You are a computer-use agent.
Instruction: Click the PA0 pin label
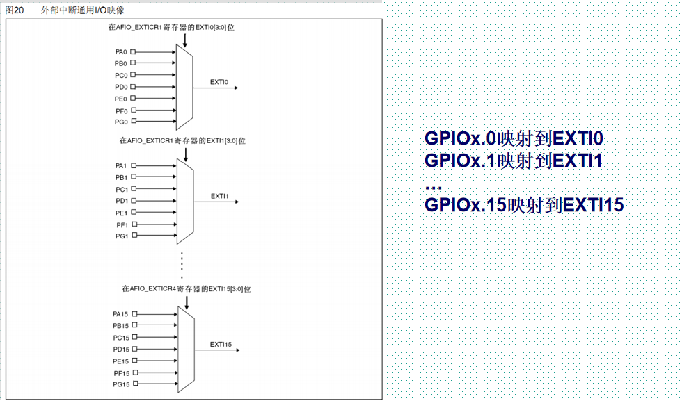point(121,51)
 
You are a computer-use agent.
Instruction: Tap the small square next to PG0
point(134,121)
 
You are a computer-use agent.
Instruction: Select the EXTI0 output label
point(219,82)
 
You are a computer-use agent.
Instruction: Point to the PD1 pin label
point(122,201)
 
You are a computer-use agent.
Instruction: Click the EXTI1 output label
point(220,197)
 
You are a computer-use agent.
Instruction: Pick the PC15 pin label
point(121,338)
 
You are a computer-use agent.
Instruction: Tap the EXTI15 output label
point(221,345)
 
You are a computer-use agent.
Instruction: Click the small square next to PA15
point(135,313)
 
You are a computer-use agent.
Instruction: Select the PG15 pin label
point(121,384)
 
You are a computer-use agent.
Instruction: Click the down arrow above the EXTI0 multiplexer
point(185,40)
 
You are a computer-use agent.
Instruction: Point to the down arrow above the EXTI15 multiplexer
point(187,303)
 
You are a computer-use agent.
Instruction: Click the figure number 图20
point(15,10)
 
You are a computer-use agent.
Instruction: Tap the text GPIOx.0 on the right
point(460,138)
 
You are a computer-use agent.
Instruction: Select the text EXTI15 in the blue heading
point(593,204)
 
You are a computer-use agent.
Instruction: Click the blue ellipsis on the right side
point(434,188)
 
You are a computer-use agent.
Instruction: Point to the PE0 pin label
point(121,99)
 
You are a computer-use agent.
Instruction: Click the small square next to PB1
point(134,177)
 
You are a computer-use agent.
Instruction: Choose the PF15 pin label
point(122,373)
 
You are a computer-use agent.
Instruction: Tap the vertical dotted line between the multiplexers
point(182,265)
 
